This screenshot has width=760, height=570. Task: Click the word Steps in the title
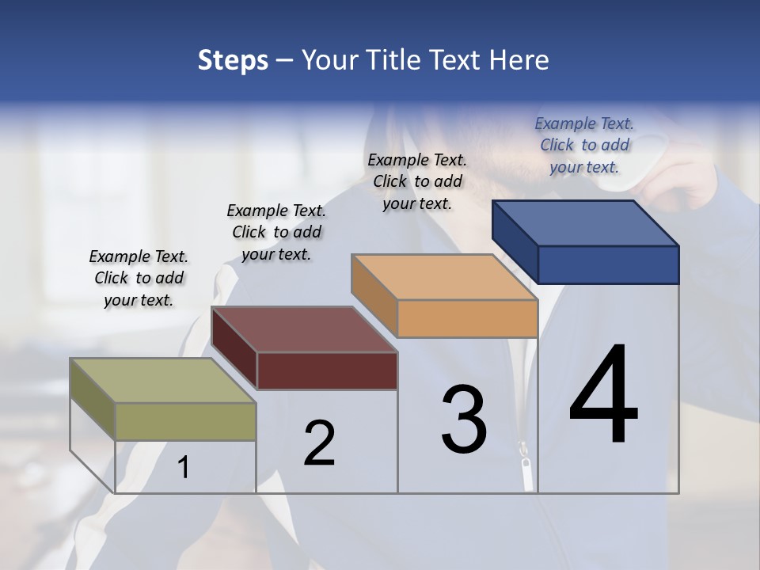coord(233,60)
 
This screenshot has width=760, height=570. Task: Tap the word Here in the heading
coord(520,60)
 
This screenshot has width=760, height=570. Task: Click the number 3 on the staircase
coord(464,420)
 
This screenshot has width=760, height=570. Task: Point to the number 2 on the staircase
coord(319,443)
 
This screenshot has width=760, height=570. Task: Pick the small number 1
coord(184,468)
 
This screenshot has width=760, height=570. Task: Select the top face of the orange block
coord(444,277)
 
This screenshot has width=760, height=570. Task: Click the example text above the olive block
coord(139,278)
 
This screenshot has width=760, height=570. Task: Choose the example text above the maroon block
coord(276,232)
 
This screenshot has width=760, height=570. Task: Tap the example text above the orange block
coord(417,181)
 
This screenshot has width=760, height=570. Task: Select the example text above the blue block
coord(584,145)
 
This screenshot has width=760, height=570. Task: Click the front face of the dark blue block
coord(608,264)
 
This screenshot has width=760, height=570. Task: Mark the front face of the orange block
coord(467,319)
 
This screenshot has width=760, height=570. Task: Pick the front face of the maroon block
coord(327,370)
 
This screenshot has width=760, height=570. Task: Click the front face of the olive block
coord(186,421)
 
